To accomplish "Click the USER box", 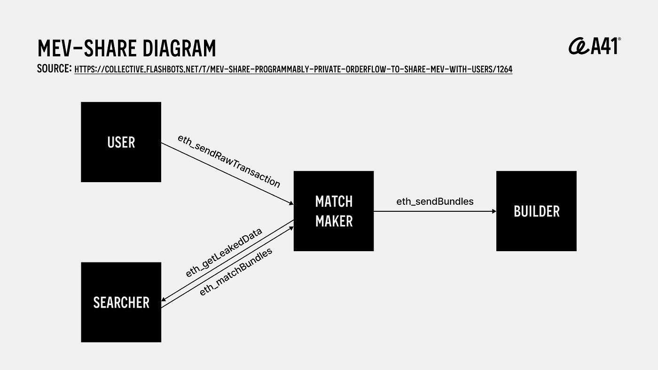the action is click(x=121, y=142).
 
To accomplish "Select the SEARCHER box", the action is click(x=121, y=302).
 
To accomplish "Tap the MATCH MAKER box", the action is click(x=334, y=211).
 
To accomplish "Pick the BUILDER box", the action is click(x=536, y=211).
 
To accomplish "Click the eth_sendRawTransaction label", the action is click(x=229, y=162).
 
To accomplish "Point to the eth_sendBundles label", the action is click(x=435, y=201).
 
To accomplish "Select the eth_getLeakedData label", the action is click(x=224, y=253).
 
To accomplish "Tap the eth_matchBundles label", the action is click(x=236, y=272).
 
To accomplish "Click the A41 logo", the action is click(x=595, y=46).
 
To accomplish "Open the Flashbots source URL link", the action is click(x=293, y=69).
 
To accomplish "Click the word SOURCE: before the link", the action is click(x=55, y=69).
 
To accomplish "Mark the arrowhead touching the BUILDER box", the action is click(x=494, y=211).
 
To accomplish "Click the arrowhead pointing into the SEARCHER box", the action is click(x=164, y=299).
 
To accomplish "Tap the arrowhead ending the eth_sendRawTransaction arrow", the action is click(x=291, y=203).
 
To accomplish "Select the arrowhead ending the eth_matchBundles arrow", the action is click(x=291, y=228).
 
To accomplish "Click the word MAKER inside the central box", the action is click(x=334, y=221).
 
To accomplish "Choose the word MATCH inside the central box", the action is click(x=334, y=201).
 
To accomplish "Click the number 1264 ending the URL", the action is click(x=504, y=69).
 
